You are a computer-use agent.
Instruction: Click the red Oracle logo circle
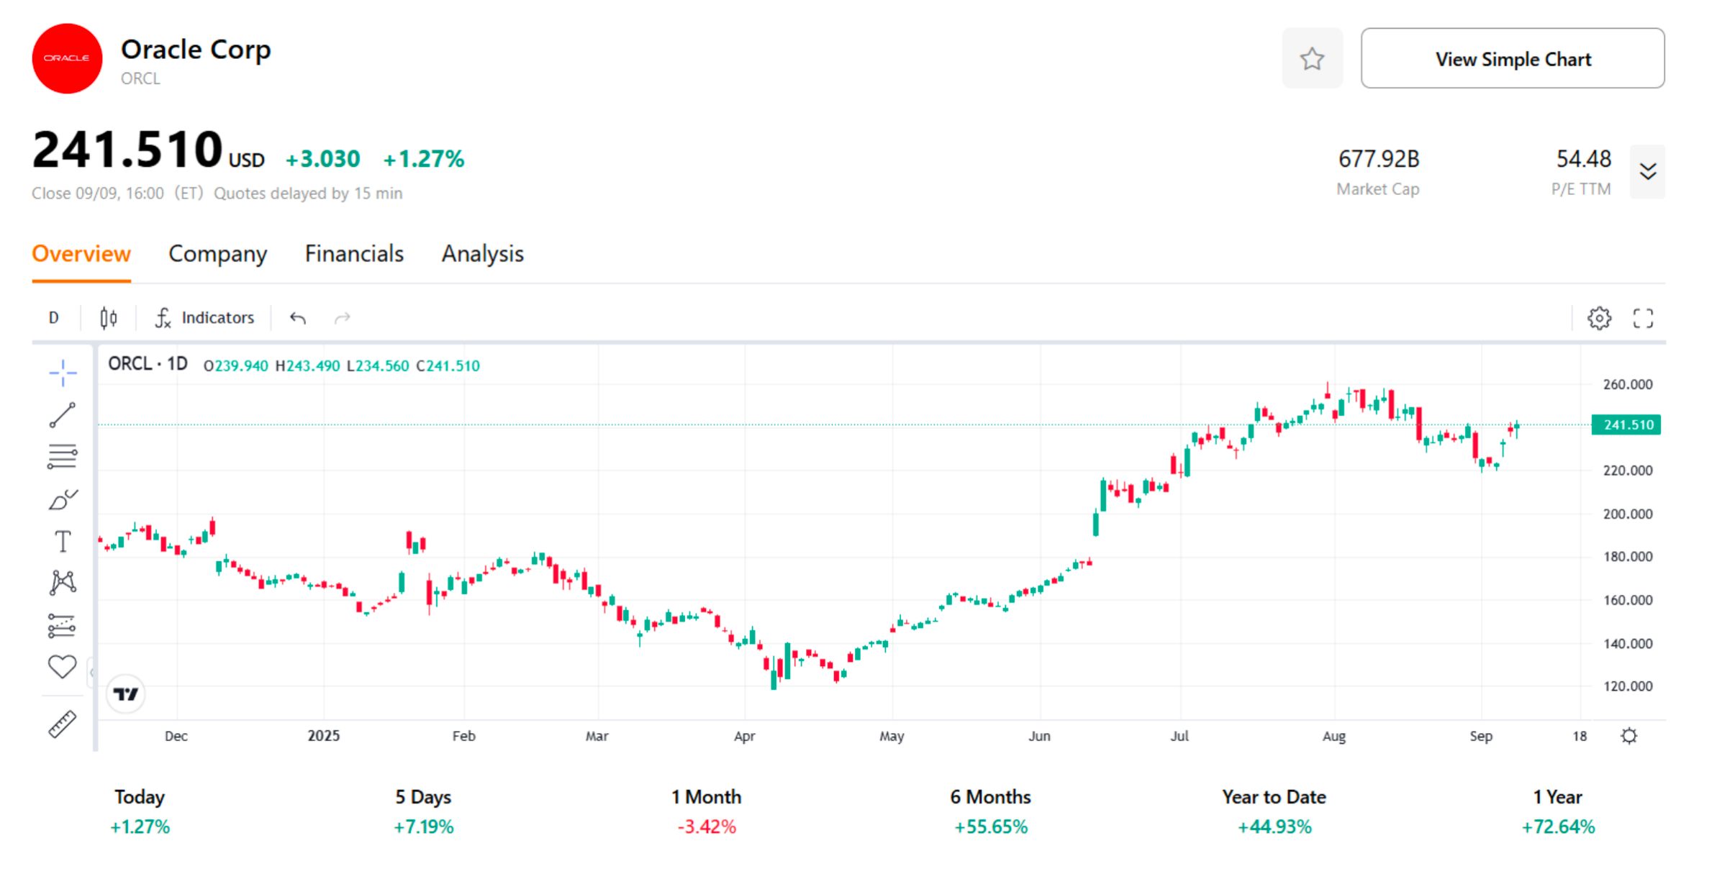click(67, 58)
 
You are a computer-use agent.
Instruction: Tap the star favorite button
click(1312, 58)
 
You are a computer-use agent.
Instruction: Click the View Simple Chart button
click(1512, 58)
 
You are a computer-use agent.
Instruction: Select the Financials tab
click(354, 254)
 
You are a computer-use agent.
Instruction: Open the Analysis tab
click(482, 254)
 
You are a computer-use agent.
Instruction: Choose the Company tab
click(217, 254)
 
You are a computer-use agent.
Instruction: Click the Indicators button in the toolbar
click(205, 318)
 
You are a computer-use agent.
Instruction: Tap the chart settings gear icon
click(1599, 318)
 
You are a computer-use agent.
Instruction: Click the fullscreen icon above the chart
click(1643, 318)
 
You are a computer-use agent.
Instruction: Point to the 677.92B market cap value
click(1378, 159)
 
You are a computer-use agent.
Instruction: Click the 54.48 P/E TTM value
click(1583, 159)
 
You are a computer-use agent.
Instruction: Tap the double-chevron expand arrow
click(1648, 172)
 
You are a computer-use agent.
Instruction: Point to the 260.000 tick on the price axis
click(1627, 385)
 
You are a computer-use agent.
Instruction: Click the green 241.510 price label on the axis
click(1626, 425)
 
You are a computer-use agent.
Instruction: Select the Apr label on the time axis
click(744, 736)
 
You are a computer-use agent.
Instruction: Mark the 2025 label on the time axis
click(323, 736)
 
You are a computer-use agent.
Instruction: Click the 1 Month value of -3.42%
click(707, 827)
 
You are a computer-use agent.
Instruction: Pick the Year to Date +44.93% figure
click(1274, 827)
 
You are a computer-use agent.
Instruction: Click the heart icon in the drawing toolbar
click(63, 667)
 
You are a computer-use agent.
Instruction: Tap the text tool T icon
click(63, 541)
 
